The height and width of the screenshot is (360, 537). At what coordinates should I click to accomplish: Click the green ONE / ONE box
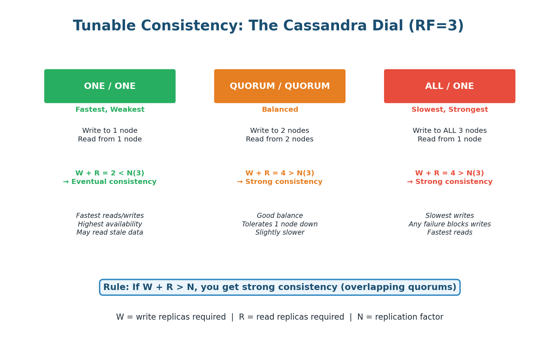(110, 86)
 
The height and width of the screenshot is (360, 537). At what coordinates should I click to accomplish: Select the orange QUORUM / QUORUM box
(279, 86)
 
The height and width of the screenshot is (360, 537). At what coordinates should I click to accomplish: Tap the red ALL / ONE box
(449, 86)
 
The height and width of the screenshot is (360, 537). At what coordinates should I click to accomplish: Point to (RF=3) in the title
(436, 26)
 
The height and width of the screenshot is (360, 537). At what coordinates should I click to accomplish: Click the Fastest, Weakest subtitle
(110, 110)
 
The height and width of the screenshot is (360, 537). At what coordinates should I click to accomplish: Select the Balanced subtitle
(280, 110)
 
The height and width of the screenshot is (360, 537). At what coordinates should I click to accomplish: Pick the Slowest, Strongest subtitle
(449, 110)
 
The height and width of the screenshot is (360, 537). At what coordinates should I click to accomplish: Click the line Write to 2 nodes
(279, 131)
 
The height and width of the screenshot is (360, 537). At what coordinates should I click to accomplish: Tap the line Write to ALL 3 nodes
(449, 131)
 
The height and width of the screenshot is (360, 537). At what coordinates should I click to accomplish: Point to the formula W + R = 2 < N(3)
(110, 173)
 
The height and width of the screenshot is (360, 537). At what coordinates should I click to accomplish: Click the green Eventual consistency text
(113, 182)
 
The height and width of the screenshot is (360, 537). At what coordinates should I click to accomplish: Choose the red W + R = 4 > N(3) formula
(449, 173)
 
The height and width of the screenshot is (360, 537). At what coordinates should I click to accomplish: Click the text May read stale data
(110, 232)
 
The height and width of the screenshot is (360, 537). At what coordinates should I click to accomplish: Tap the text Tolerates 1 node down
(279, 224)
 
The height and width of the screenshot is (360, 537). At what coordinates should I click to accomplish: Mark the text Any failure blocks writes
(449, 224)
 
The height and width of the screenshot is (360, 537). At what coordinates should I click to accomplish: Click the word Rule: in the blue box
(116, 287)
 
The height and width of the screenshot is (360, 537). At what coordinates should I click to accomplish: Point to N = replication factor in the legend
(400, 317)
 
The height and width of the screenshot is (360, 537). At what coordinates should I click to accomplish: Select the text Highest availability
(110, 224)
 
